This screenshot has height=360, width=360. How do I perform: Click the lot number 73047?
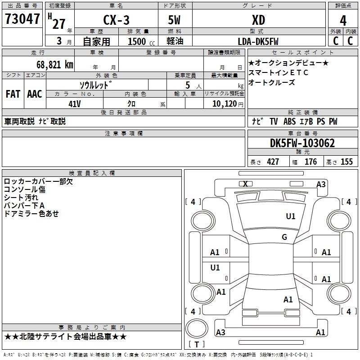22,19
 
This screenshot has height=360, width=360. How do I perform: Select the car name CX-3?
116,20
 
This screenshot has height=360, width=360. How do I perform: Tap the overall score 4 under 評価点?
343,21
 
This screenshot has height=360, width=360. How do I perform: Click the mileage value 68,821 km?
54,65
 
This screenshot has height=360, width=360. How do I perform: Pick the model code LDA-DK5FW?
258,41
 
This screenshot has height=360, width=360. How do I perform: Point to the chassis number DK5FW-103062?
302,143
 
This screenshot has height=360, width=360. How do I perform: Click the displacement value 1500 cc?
141,41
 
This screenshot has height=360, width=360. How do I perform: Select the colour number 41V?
74,104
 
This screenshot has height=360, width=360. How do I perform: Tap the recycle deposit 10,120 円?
228,104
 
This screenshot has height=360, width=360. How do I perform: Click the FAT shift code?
13,94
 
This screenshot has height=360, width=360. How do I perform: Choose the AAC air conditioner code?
35,94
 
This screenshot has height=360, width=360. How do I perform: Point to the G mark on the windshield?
284,237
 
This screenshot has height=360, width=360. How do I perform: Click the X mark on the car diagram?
245,184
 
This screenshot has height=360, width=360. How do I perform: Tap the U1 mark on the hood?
291,216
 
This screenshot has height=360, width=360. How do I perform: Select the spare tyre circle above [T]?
197,328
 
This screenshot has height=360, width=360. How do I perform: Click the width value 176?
310,162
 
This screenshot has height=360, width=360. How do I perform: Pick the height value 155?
346,162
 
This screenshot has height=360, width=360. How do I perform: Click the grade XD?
258,20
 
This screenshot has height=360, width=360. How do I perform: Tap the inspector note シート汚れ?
21,198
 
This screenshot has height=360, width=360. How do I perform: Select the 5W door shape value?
174,20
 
